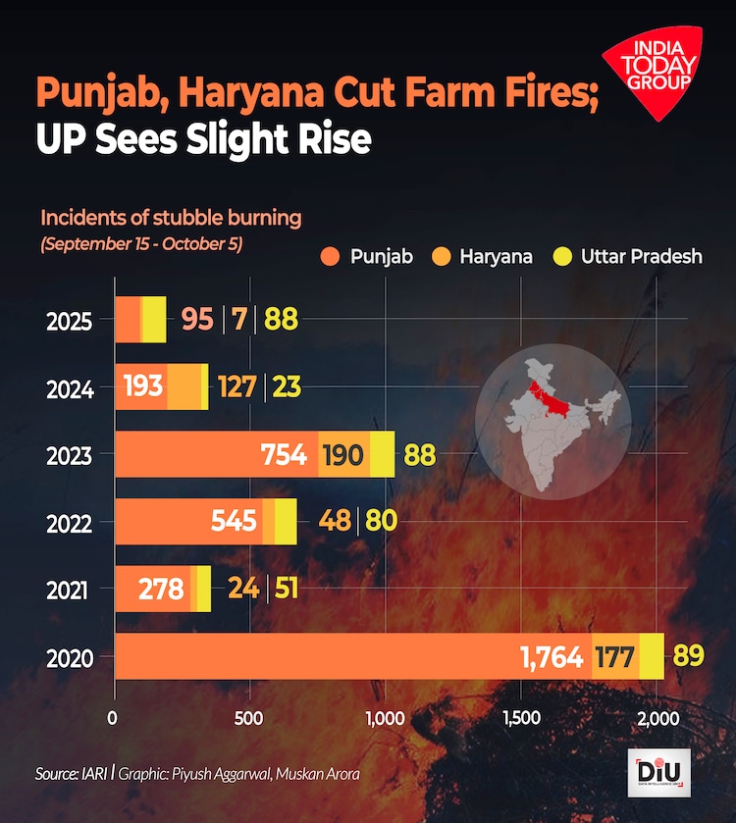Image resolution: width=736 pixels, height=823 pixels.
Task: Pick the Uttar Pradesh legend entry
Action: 628,257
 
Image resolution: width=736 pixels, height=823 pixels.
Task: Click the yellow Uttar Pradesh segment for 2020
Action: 652,656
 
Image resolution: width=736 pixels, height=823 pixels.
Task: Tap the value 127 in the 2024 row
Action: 236,387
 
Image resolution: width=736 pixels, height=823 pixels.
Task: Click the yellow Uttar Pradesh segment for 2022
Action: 286,522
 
